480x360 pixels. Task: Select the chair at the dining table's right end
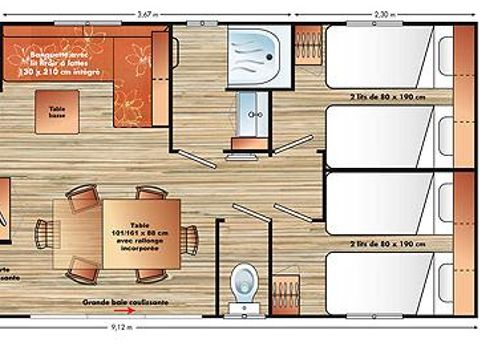click(190, 237)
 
